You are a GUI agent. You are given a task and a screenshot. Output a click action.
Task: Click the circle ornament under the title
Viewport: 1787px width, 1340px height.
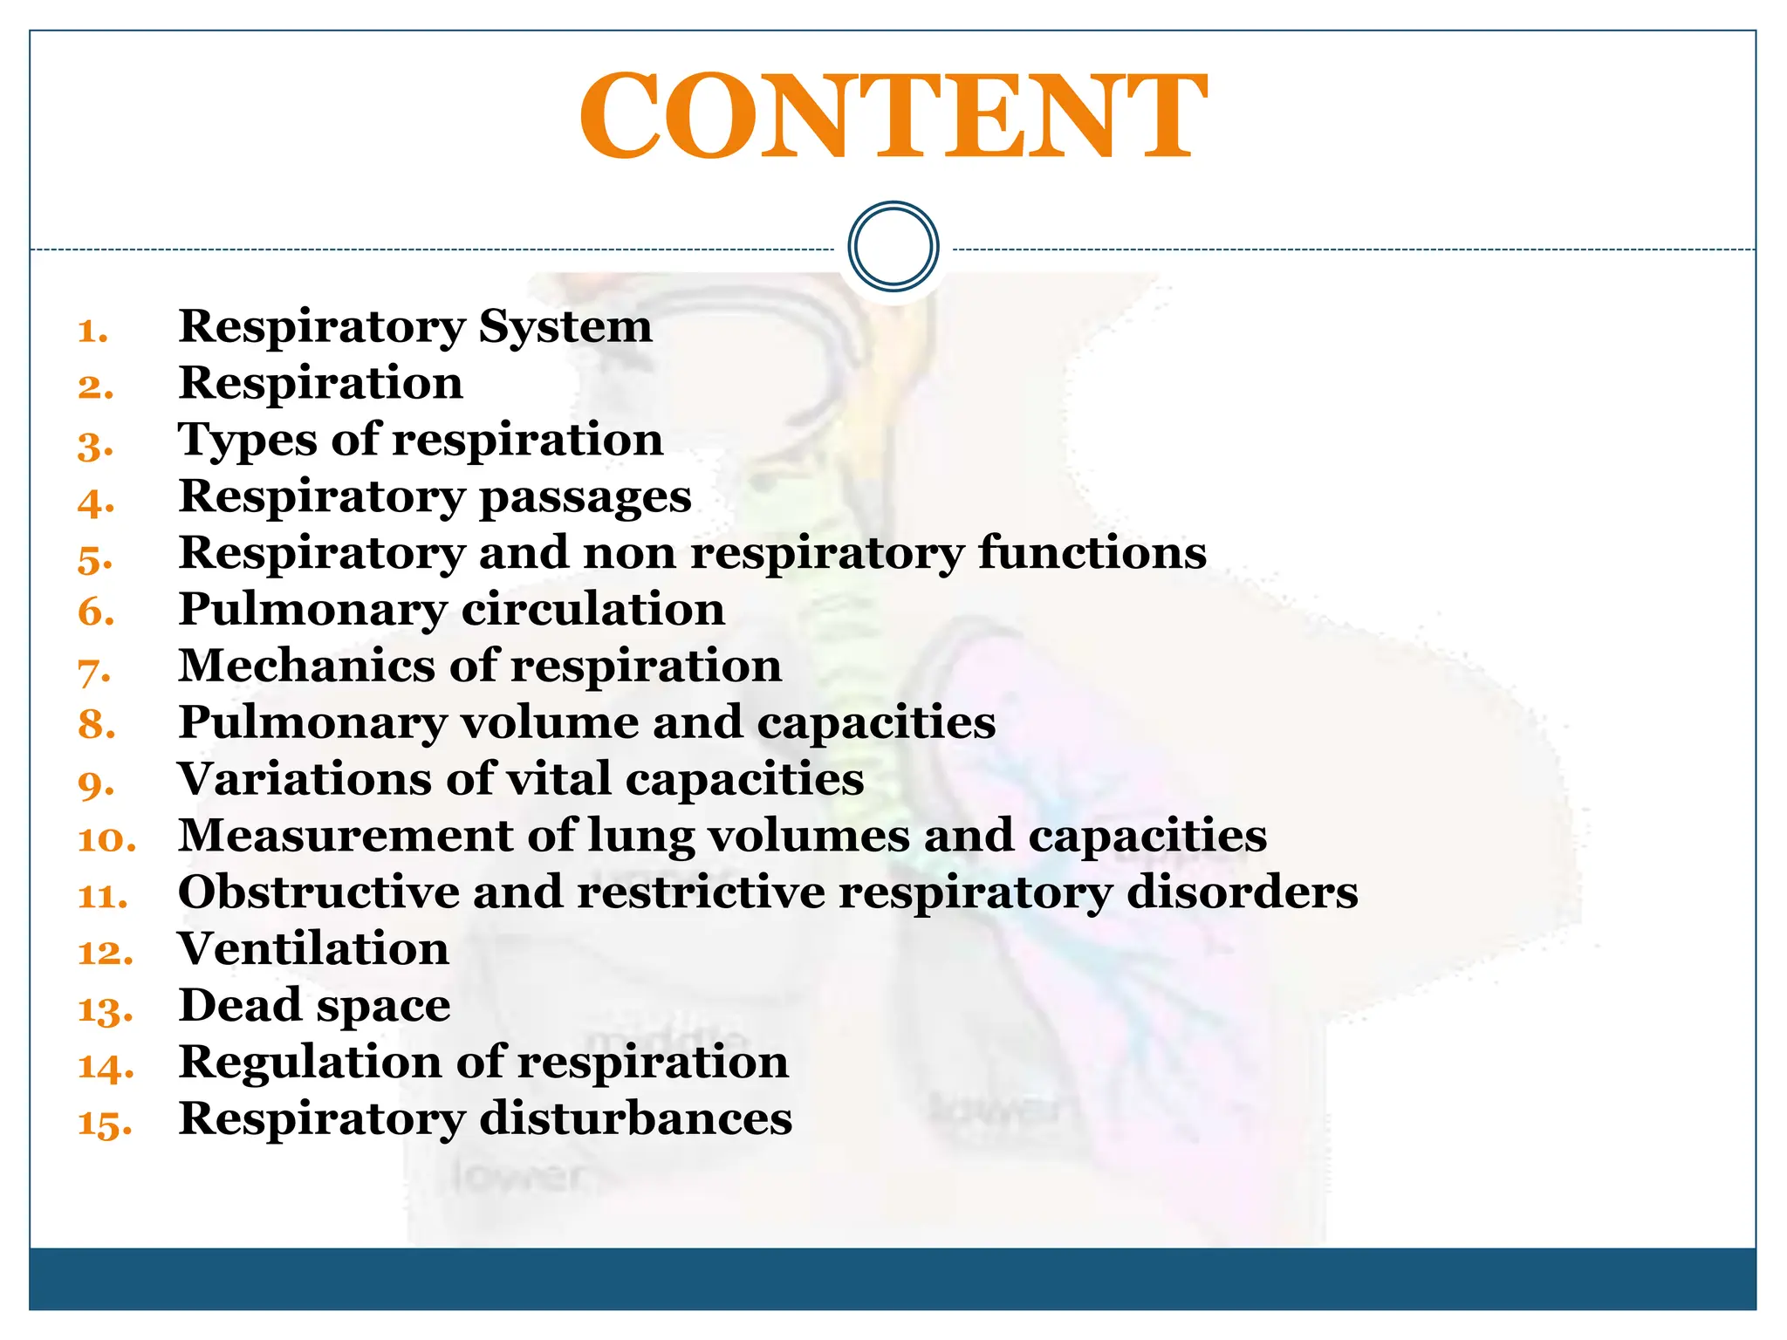(893, 246)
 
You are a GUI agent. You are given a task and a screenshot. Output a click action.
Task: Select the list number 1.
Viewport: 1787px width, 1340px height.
(92, 332)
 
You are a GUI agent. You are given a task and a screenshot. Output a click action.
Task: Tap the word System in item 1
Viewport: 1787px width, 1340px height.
(565, 327)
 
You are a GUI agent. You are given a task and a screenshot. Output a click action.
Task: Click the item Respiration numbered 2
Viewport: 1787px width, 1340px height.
(320, 384)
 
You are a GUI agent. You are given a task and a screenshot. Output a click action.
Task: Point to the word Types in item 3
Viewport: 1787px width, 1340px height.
(246, 441)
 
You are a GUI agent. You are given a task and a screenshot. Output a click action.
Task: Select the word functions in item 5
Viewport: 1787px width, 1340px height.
(1092, 553)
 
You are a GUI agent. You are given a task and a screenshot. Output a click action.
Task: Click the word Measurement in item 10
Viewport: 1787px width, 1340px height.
(345, 836)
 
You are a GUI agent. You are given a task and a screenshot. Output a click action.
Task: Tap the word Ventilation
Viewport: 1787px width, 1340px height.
(313, 949)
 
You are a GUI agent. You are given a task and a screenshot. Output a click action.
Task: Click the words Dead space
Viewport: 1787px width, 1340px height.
(314, 1006)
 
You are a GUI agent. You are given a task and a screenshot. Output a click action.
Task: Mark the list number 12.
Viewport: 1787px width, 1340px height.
(106, 953)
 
